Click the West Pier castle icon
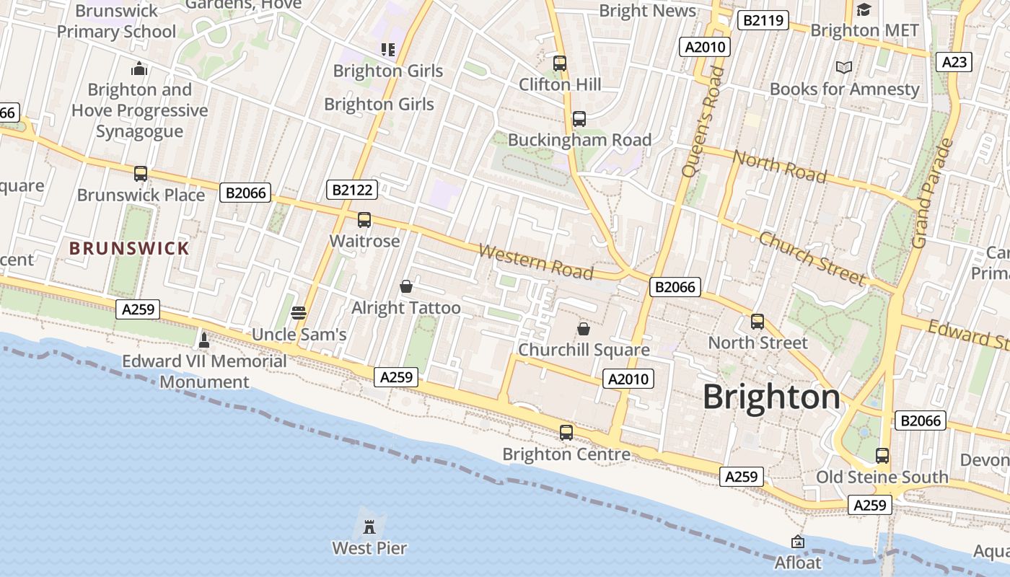pos(369,525)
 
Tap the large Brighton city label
pos(771,397)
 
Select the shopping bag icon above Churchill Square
pos(584,330)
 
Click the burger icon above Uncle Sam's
pos(299,313)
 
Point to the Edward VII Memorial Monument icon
pos(204,340)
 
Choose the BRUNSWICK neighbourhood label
pos(129,249)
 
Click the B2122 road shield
pos(352,190)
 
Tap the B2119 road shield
pos(763,20)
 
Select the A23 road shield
pos(954,62)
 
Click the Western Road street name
pos(535,262)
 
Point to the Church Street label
pos(812,257)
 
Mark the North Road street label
pos(780,166)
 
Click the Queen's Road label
pos(702,121)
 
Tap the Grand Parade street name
pos(933,193)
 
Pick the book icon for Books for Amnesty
pos(844,68)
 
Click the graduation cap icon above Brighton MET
pos(864,9)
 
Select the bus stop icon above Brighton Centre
pos(566,433)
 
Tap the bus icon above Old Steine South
pos(882,456)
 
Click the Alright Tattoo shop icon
pos(406,287)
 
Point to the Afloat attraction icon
pos(798,542)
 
